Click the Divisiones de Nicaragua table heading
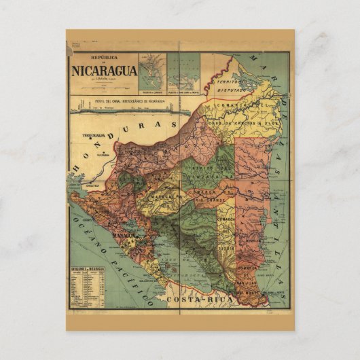(88, 269)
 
